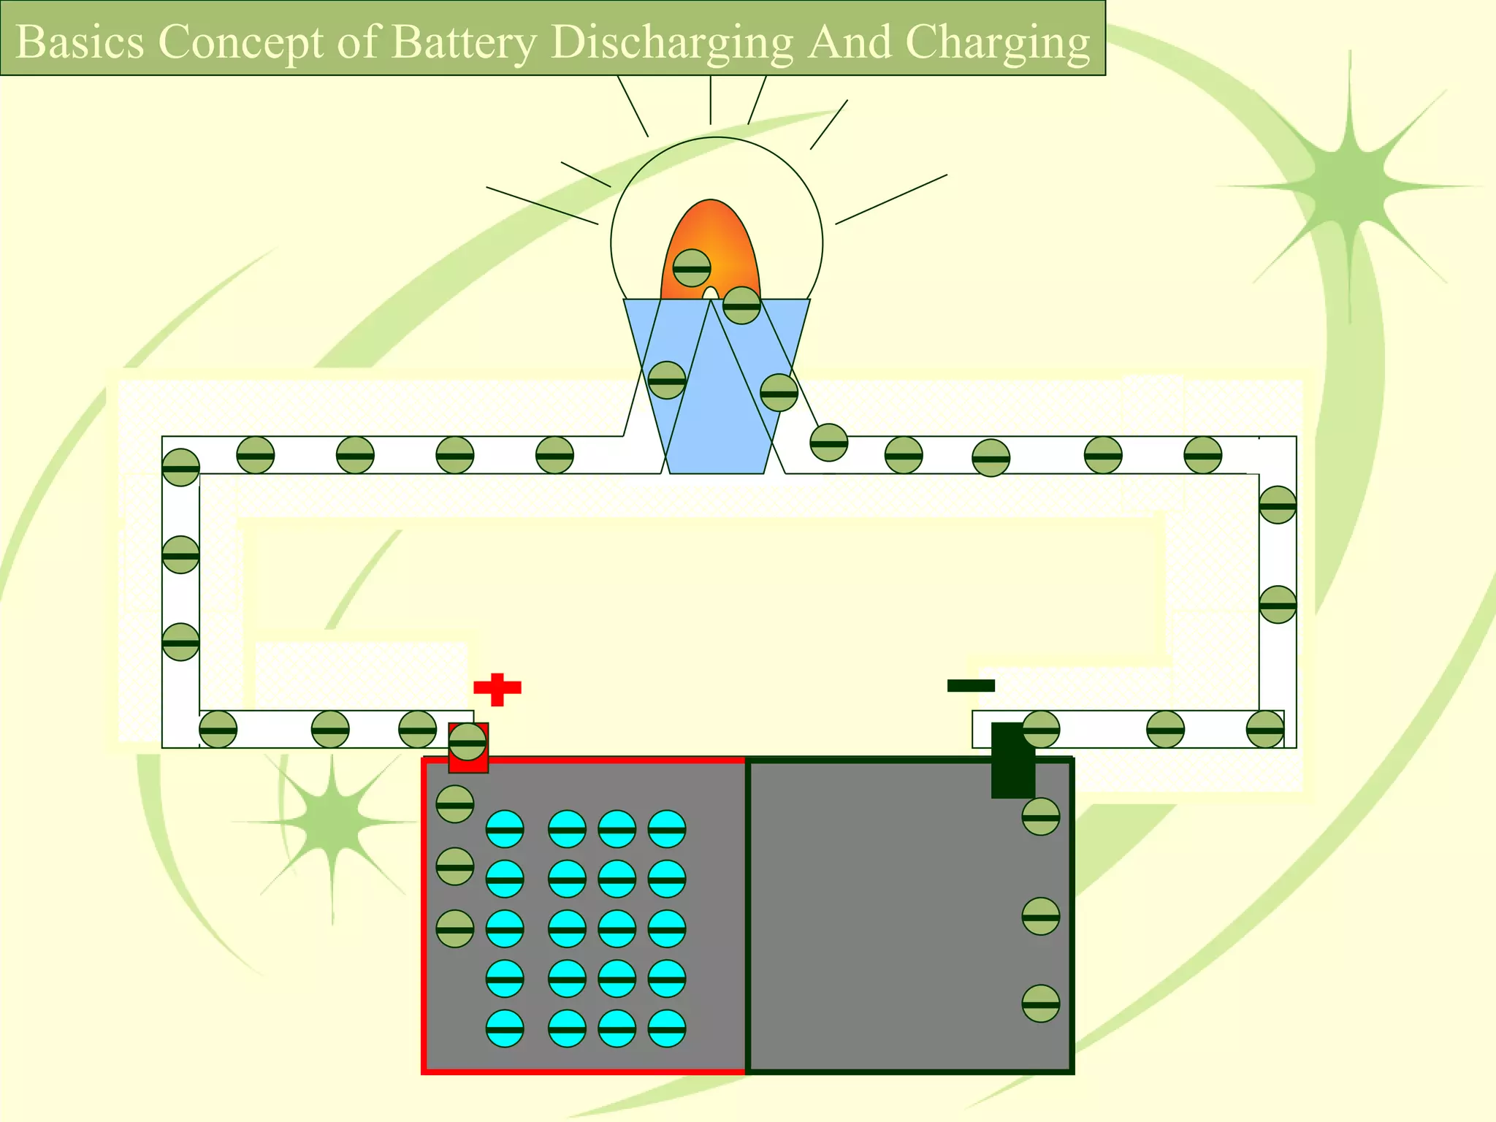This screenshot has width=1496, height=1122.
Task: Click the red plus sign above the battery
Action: pyautogui.click(x=497, y=689)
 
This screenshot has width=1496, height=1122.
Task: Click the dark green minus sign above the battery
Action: pyautogui.click(x=971, y=685)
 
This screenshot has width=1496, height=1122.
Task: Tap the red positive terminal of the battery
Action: pyautogui.click(x=468, y=760)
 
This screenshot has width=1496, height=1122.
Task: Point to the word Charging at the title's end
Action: pyautogui.click(x=997, y=42)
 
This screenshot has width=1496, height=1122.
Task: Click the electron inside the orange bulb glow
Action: pyautogui.click(x=691, y=268)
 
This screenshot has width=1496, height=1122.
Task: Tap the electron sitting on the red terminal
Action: pyautogui.click(x=467, y=742)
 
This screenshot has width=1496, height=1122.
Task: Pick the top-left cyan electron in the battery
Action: pyautogui.click(x=505, y=829)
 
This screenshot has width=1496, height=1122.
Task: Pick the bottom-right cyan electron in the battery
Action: pyautogui.click(x=666, y=1028)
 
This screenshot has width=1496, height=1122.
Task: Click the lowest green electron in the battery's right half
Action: pyautogui.click(x=1040, y=1004)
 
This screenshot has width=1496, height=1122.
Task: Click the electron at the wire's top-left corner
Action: pyautogui.click(x=180, y=467)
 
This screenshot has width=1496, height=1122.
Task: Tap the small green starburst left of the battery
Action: pyautogui.click(x=332, y=822)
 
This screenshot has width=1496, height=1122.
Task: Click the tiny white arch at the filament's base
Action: pyautogui.click(x=710, y=294)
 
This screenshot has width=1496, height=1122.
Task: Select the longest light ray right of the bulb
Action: pyautogui.click(x=891, y=199)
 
